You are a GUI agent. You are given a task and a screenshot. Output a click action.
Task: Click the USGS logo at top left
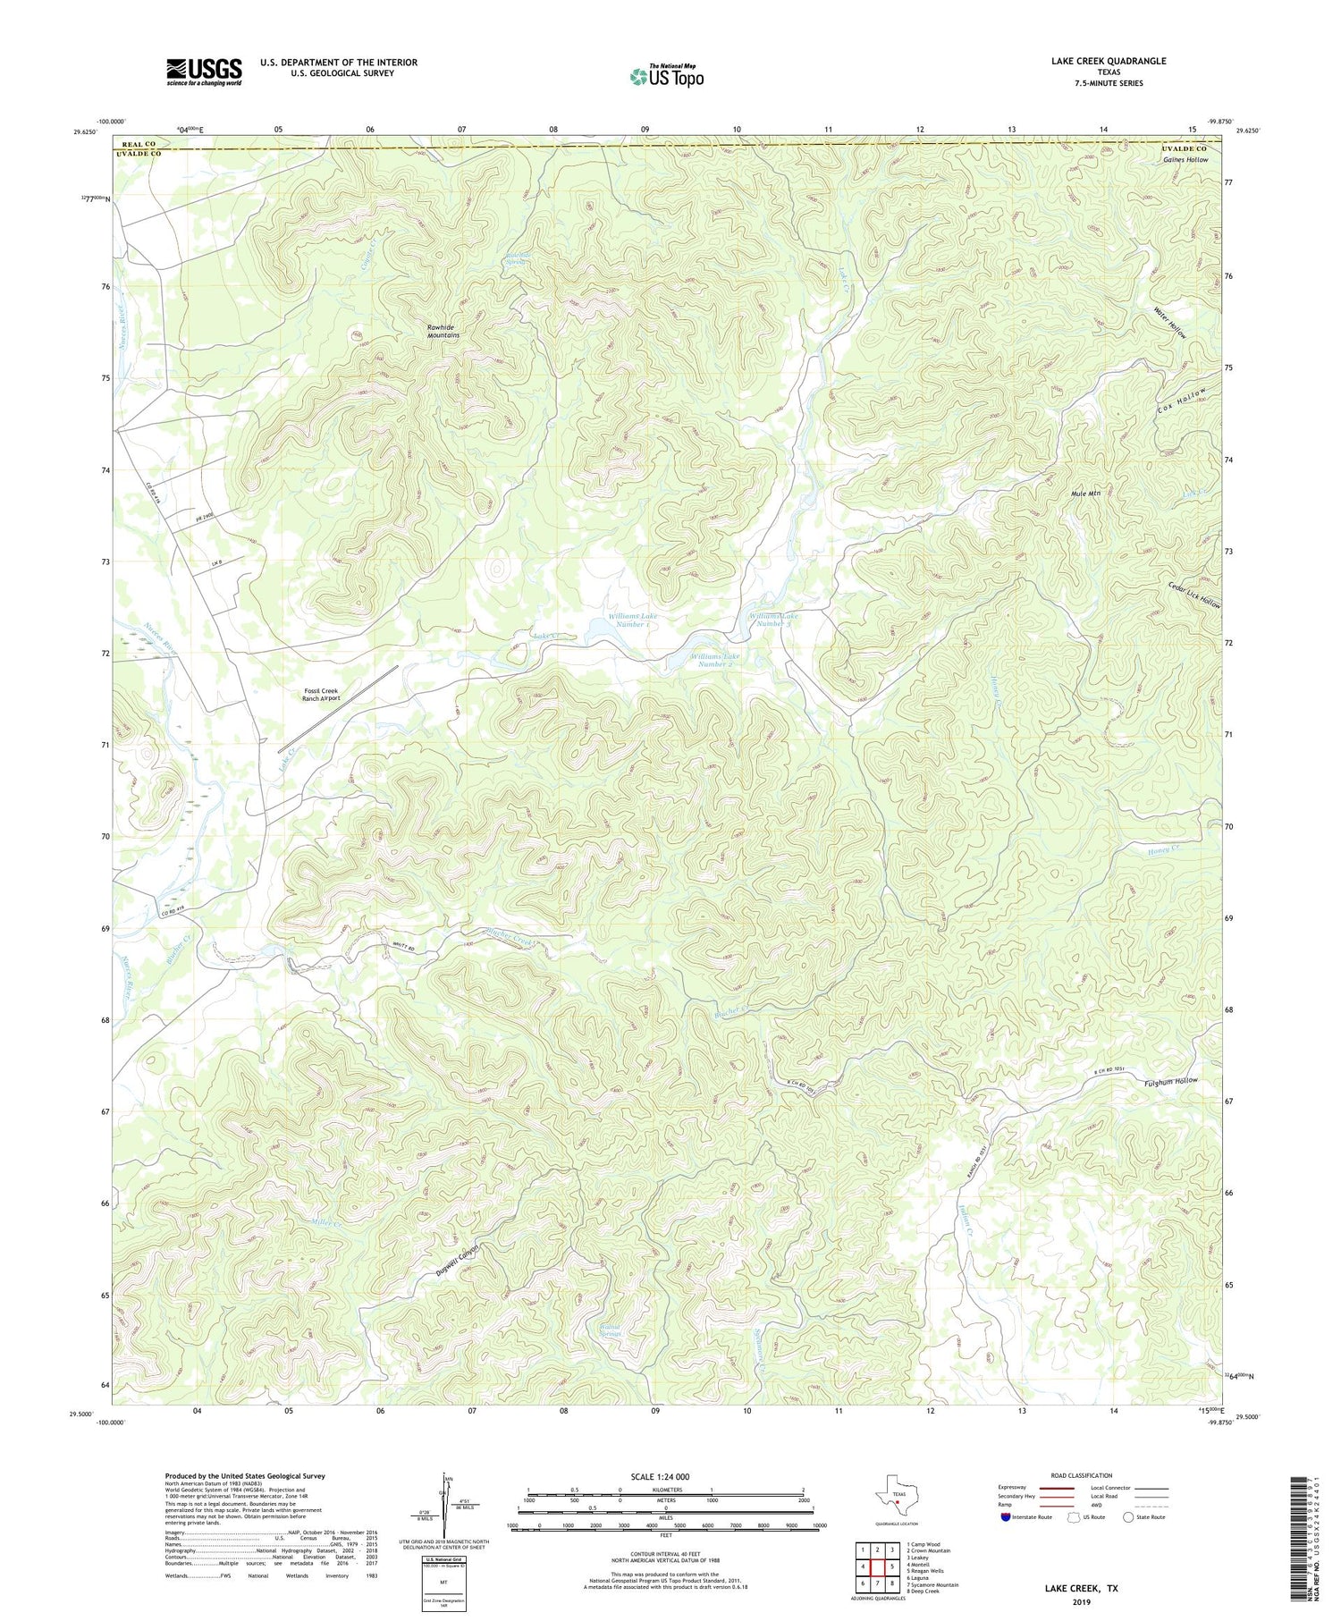tap(204, 72)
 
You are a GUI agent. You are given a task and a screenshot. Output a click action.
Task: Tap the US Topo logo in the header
tap(666, 76)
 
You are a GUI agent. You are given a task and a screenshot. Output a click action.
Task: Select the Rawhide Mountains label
tap(443, 332)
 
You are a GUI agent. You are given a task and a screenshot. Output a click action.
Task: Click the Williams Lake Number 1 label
tap(630, 620)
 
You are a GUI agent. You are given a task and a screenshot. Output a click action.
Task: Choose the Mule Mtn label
tap(1084, 494)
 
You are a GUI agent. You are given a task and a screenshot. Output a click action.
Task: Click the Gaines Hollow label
tap(1185, 160)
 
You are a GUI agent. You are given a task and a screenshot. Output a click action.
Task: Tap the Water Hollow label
tap(1169, 322)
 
